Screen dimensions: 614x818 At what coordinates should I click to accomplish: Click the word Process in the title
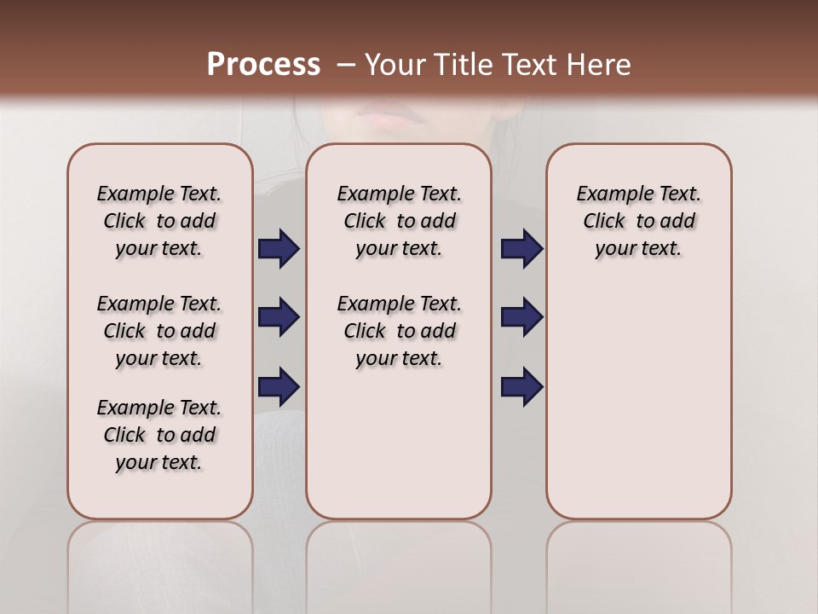(x=263, y=65)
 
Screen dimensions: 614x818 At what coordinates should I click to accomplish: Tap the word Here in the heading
(x=600, y=65)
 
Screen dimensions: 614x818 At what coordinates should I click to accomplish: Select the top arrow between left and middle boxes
(x=279, y=249)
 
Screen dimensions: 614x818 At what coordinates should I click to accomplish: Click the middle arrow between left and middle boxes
(x=279, y=317)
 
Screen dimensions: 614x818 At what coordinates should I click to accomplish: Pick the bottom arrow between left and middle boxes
(x=279, y=386)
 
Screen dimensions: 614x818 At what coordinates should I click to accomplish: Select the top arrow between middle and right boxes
(x=521, y=249)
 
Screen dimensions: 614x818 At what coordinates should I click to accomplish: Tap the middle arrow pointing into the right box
(x=521, y=317)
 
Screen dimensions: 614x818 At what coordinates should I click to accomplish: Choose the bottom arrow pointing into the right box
(x=521, y=386)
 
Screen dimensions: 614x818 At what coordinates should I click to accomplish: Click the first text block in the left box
(x=159, y=221)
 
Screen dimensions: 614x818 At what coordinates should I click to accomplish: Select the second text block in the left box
(x=159, y=331)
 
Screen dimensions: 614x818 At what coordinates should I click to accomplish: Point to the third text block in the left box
(x=159, y=435)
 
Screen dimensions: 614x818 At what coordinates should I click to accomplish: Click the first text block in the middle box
(x=400, y=221)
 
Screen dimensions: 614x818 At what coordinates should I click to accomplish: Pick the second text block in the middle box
(x=400, y=331)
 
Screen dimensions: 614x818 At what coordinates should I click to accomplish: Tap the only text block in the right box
(x=639, y=221)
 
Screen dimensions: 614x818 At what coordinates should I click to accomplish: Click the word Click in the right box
(x=604, y=222)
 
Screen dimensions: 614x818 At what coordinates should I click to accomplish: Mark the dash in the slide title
(x=346, y=65)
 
